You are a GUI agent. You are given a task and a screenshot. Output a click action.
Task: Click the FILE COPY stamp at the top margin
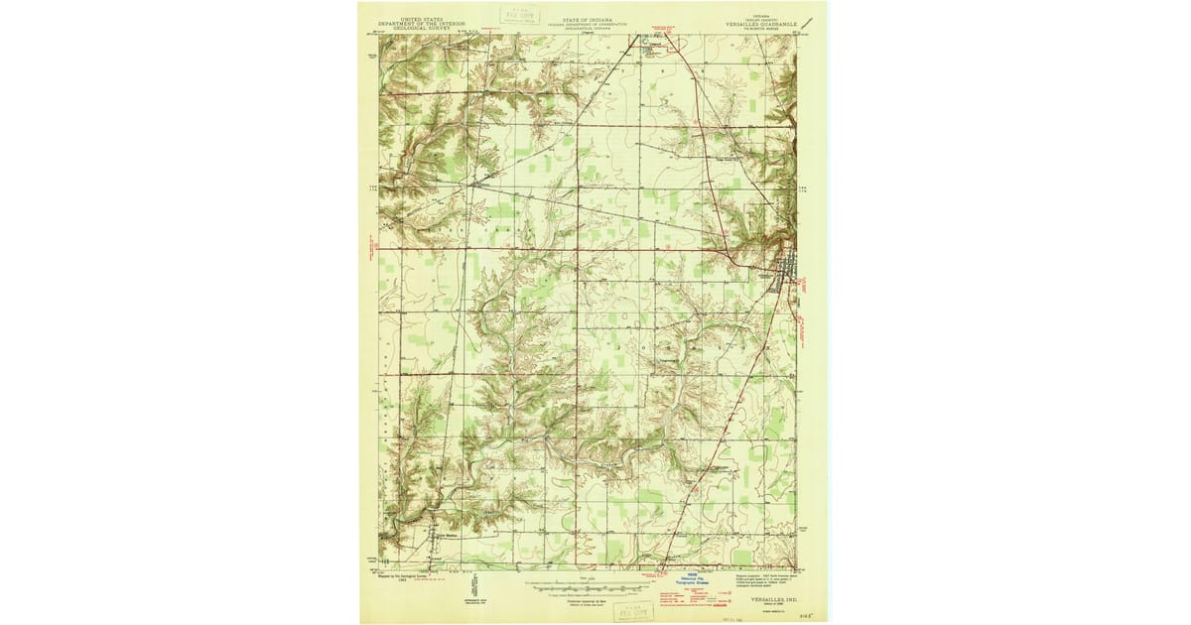point(521,15)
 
